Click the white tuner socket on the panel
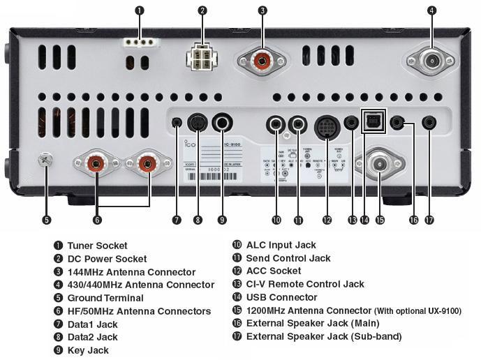(140, 41)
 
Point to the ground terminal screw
(46, 160)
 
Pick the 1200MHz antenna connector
(380, 165)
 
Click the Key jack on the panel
(223, 124)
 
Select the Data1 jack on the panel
(177, 123)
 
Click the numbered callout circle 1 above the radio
(140, 10)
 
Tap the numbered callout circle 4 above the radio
(431, 10)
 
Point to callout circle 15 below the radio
(380, 220)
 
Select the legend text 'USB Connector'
(281, 297)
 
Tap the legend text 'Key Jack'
(87, 350)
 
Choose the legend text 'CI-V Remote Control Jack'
(305, 284)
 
